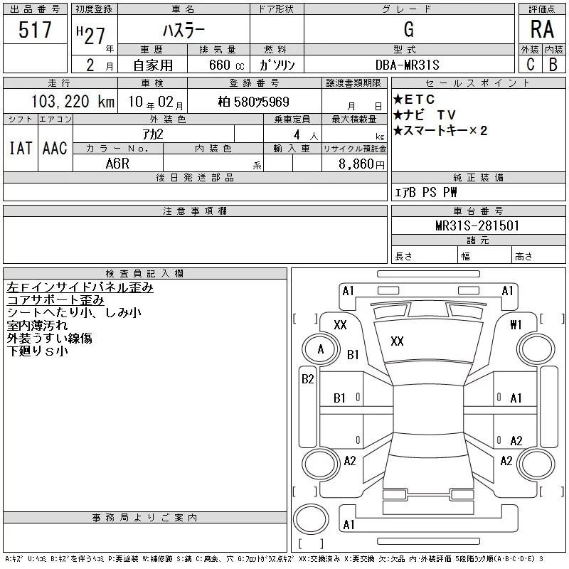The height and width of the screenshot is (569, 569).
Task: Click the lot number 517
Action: click(36, 31)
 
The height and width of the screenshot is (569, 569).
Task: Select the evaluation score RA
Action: click(541, 29)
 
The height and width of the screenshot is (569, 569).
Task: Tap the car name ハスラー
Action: click(183, 31)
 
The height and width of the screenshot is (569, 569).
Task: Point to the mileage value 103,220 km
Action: click(73, 102)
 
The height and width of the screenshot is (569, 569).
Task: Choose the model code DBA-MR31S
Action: click(408, 65)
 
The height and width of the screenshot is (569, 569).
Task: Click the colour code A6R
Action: click(118, 164)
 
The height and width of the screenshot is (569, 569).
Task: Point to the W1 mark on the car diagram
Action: click(516, 324)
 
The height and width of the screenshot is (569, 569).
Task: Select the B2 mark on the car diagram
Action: click(307, 379)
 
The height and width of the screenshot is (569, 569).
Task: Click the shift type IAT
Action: click(21, 148)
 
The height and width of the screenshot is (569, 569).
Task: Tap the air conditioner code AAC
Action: click(55, 148)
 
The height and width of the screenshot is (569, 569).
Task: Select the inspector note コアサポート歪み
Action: click(55, 300)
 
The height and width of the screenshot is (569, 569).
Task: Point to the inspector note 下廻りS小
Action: click(37, 351)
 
